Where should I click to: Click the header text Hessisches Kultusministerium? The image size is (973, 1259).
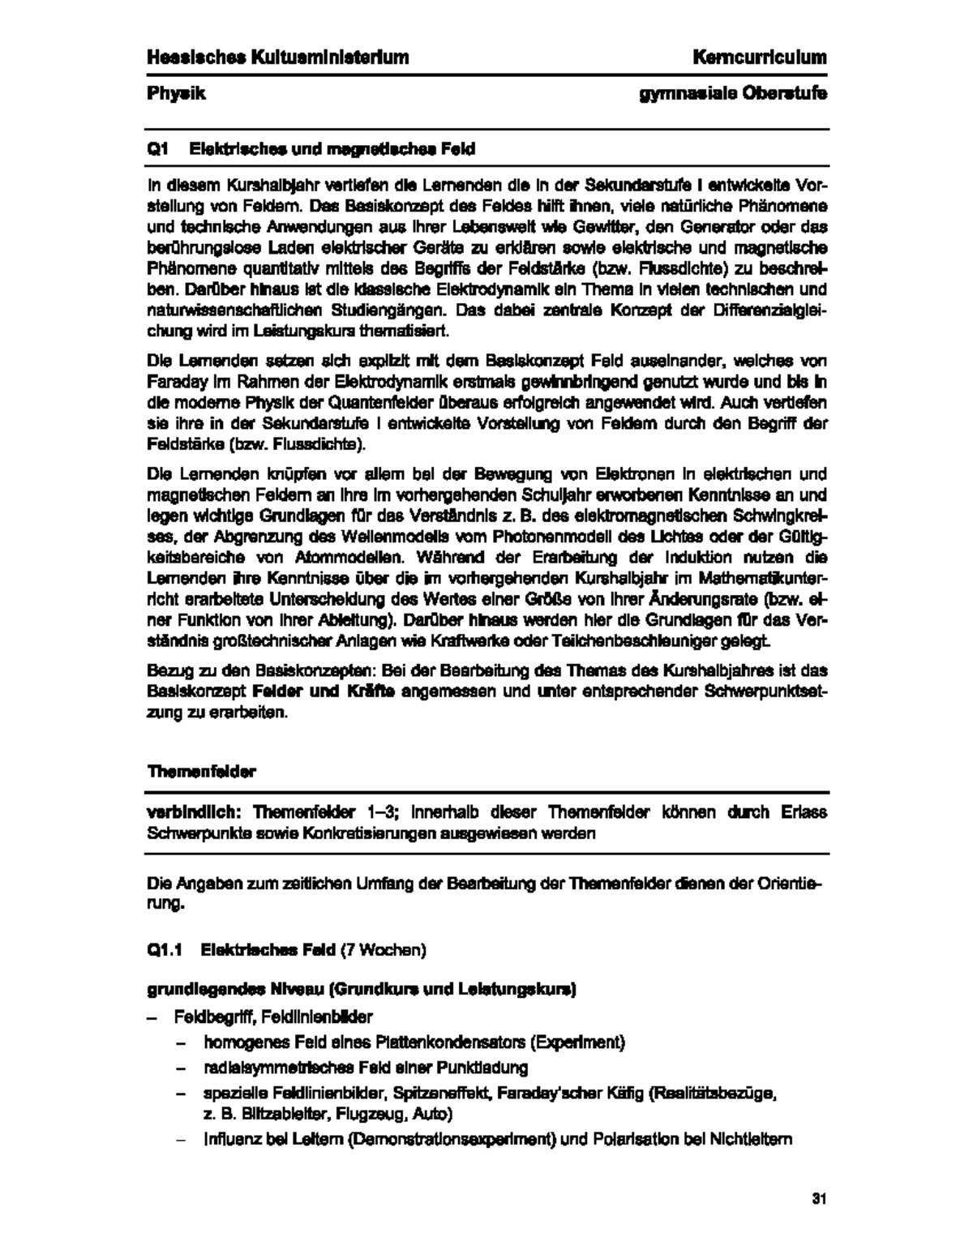pyautogui.click(x=277, y=57)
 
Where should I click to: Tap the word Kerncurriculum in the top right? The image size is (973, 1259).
pyautogui.click(x=760, y=57)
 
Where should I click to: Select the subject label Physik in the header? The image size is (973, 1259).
pyautogui.click(x=176, y=93)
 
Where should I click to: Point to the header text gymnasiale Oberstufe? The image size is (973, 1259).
pyautogui.click(x=733, y=93)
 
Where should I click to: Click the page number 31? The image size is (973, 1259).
pyautogui.click(x=818, y=1199)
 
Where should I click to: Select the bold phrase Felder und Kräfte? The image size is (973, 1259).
pyautogui.click(x=324, y=692)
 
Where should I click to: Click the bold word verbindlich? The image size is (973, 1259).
pyautogui.click(x=195, y=811)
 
